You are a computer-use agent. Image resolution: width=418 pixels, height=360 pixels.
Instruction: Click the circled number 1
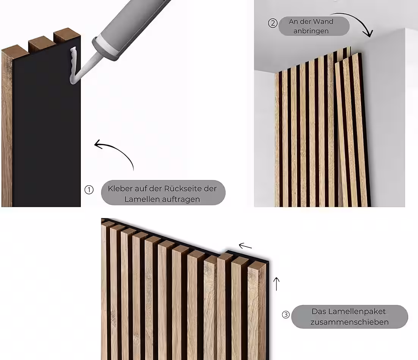point(89,190)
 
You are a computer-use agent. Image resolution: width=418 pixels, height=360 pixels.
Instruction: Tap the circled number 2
point(273,23)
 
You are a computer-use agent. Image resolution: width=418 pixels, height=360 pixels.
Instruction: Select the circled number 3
point(286,315)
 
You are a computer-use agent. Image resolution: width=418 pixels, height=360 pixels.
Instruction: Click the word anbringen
point(311,31)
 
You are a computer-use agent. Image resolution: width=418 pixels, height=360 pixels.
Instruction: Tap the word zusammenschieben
point(349,322)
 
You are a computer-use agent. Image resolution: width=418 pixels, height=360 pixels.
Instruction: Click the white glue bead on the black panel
point(73,65)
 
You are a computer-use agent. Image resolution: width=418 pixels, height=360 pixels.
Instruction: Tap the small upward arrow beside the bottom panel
point(277,284)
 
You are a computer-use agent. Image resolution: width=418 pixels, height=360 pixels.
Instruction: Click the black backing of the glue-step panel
point(47,125)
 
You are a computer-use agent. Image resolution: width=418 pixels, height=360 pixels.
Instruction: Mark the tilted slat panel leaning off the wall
point(352,131)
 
